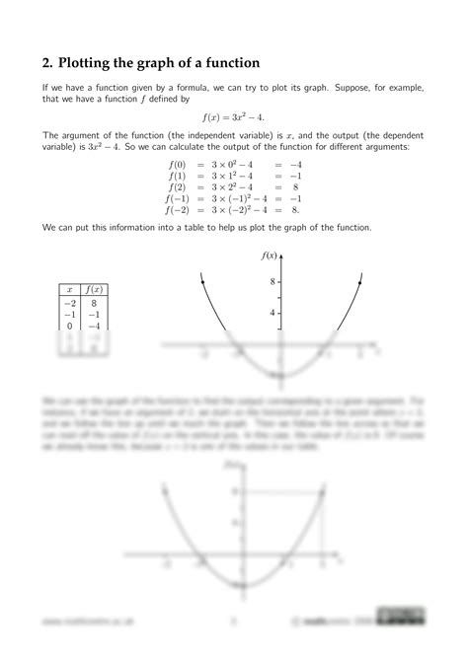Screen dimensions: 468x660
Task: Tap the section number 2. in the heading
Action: pyautogui.click(x=47, y=62)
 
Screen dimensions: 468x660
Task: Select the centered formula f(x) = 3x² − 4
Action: pyautogui.click(x=234, y=116)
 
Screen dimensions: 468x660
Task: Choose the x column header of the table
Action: pyautogui.click(x=69, y=289)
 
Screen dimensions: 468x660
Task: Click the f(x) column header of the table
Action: pyautogui.click(x=95, y=289)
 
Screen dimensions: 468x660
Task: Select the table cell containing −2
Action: pyautogui.click(x=68, y=304)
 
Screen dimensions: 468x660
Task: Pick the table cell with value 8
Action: pyautogui.click(x=95, y=304)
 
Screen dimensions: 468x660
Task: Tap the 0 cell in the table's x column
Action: pyautogui.click(x=70, y=326)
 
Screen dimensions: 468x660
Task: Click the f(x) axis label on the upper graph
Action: pyautogui.click(x=270, y=256)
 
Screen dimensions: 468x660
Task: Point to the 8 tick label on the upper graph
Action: pyautogui.click(x=272, y=282)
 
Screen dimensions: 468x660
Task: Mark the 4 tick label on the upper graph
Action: pyautogui.click(x=272, y=313)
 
